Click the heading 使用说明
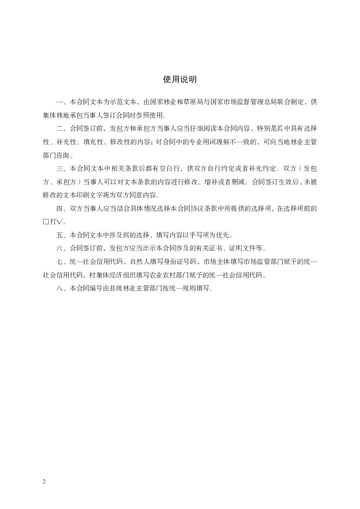tap(180, 79)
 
